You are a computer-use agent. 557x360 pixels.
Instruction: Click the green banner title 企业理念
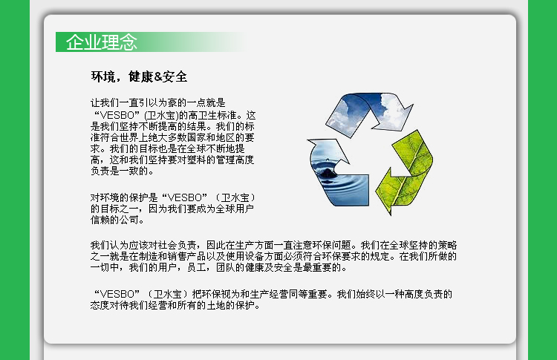102,42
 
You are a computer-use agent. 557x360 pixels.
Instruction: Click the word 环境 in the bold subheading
103,76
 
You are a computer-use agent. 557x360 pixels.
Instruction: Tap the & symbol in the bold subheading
158,76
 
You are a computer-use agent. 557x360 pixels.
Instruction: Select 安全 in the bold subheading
175,76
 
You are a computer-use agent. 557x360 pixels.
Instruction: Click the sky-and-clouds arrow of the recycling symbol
369,110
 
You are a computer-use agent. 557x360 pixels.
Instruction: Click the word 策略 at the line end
447,246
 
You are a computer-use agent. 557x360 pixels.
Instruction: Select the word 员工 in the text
197,267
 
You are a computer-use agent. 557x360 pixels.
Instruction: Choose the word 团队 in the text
226,267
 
